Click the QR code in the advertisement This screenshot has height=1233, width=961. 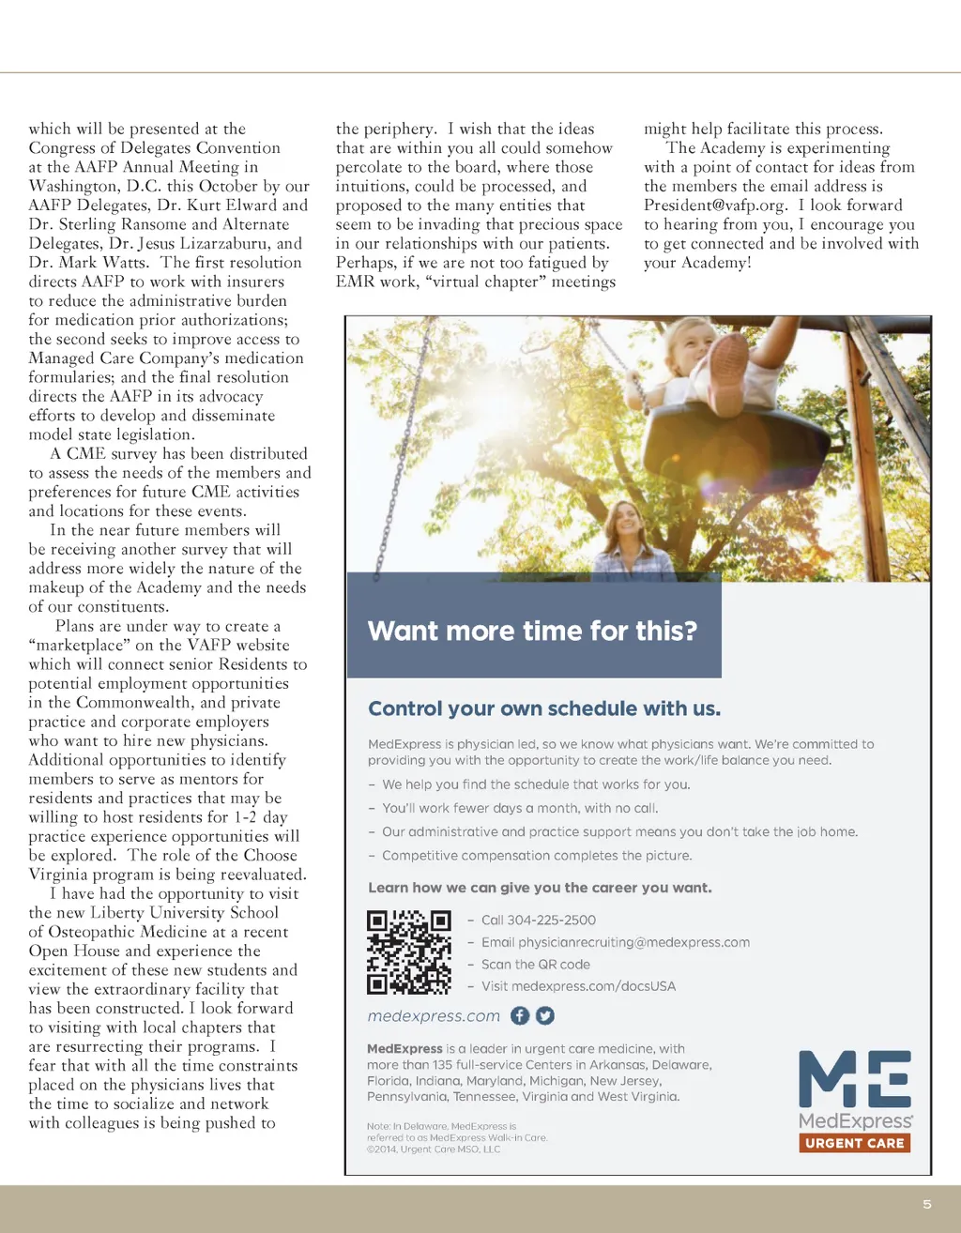(x=408, y=951)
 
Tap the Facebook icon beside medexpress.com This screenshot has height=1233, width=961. (x=520, y=1015)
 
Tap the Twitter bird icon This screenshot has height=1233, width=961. (x=545, y=1015)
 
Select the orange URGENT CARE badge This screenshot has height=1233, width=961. (x=854, y=1143)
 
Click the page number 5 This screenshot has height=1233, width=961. (x=927, y=1204)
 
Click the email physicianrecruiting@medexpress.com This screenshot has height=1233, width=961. (x=615, y=942)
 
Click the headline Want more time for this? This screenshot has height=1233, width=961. (x=532, y=631)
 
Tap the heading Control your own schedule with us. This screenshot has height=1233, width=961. (x=544, y=708)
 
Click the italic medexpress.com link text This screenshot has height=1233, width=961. (x=434, y=1016)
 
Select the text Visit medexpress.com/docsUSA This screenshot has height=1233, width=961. (x=578, y=986)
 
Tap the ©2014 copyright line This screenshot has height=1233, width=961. (x=434, y=1149)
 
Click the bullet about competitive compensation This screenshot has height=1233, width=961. (x=537, y=856)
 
